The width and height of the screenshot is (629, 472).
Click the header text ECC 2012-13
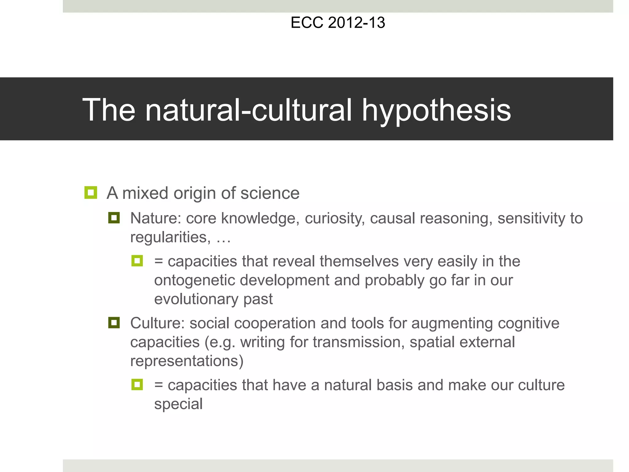338,23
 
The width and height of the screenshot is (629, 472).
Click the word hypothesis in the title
436,110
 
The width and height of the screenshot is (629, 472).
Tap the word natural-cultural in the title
248,110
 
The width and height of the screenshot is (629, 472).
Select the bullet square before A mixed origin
91,193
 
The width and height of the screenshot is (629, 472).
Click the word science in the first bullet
270,193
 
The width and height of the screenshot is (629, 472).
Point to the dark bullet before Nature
114,218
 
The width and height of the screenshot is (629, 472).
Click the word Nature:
155,218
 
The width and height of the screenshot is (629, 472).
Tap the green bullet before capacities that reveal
137,261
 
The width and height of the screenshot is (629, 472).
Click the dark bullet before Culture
114,323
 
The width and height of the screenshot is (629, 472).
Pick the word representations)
187,361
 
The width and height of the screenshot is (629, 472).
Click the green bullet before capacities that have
137,384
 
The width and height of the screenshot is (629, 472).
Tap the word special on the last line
178,404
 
